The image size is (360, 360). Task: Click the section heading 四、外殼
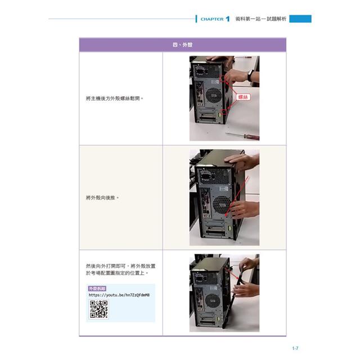[182, 44]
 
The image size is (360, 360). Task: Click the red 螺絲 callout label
[243, 97]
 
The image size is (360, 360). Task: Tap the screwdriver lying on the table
[242, 136]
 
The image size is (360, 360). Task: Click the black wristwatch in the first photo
[250, 76]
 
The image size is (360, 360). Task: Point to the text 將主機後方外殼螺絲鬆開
[115, 98]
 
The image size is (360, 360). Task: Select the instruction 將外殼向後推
[102, 198]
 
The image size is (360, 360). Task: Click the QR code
[98, 309]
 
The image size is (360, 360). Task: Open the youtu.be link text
[119, 295]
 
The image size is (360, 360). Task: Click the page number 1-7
[295, 348]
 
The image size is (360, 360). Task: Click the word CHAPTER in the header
[212, 19]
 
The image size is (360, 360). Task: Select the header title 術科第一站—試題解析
[260, 19]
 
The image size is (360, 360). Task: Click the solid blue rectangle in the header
[300, 19]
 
